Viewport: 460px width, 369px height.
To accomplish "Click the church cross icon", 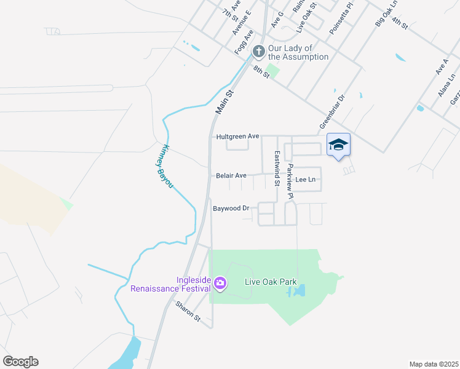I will (259, 51).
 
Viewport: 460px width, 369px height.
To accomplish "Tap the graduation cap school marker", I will (338, 145).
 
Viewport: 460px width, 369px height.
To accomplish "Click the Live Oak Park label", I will (271, 282).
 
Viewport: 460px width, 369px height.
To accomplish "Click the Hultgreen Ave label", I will (237, 136).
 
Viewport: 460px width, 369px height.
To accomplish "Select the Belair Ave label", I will (231, 176).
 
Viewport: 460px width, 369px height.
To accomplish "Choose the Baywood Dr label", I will (231, 208).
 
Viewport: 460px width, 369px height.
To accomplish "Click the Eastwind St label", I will (277, 169).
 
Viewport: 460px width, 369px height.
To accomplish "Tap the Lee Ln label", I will (305, 180).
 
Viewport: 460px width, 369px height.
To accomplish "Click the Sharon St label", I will (188, 311).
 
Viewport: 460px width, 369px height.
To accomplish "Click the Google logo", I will (20, 362).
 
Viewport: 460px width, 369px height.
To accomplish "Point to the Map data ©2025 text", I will (434, 364).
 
